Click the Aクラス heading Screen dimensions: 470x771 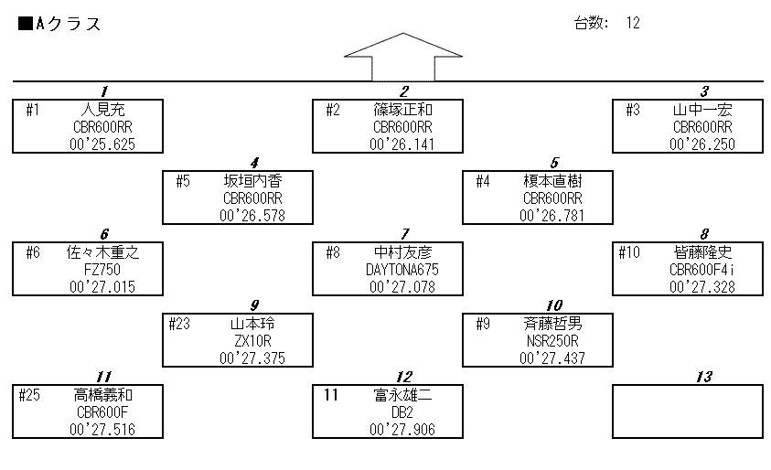(60, 25)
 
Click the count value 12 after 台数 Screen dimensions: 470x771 (633, 24)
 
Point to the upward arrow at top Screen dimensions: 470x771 (402, 57)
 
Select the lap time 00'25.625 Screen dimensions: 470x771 (102, 144)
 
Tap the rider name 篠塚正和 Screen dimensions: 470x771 (402, 111)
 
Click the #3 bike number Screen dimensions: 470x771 (633, 111)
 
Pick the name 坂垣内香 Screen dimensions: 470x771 (252, 180)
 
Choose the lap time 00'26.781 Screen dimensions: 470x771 (552, 216)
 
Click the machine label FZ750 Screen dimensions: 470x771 (102, 270)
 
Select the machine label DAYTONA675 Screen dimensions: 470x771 (402, 270)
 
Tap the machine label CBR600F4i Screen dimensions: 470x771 (702, 270)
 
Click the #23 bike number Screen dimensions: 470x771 (181, 324)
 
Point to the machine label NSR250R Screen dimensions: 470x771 (552, 340)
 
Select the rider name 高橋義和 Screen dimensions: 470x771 (102, 395)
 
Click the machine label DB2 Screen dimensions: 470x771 (402, 411)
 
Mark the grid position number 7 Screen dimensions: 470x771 (404, 233)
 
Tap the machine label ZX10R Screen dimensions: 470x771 (252, 340)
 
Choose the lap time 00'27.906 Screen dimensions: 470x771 (402, 429)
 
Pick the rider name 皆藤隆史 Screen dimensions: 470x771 (702, 252)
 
